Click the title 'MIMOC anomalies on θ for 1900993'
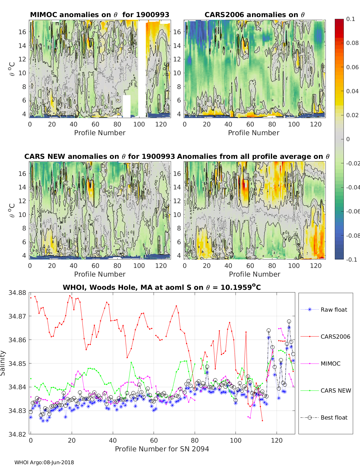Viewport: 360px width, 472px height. tap(100, 15)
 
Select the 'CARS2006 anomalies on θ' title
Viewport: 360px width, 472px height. tap(254, 15)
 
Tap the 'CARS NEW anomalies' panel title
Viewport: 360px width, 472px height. tap(99, 157)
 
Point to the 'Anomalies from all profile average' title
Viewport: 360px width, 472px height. tap(253, 157)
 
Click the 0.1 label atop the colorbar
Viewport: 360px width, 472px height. tap(350, 19)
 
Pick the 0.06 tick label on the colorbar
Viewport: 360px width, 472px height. tap(352, 67)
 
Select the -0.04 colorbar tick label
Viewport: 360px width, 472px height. tap(353, 187)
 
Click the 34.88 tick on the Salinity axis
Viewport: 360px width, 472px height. tap(17, 293)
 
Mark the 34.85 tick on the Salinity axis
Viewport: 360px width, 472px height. tap(17, 364)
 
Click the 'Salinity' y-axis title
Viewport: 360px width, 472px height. tap(3, 363)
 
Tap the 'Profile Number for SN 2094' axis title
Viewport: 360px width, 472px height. tap(162, 449)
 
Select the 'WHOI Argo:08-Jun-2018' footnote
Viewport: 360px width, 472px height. tap(44, 462)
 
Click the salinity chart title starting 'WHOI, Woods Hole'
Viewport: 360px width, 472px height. tap(162, 288)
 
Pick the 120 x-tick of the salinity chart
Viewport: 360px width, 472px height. tap(277, 441)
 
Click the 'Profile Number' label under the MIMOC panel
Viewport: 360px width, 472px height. tap(100, 133)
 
